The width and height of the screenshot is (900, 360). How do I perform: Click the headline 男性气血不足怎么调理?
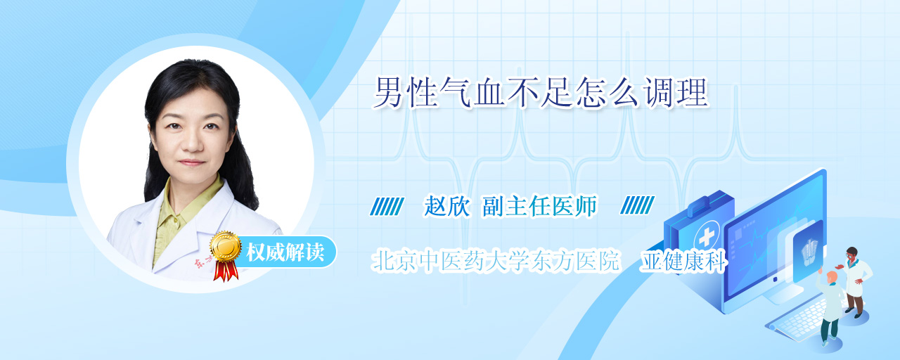tap(540, 94)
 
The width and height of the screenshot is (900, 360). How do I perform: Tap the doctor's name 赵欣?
tap(447, 206)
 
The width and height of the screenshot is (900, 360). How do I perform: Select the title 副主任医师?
tap(539, 206)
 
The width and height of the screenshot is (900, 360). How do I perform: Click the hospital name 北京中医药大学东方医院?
tap(495, 261)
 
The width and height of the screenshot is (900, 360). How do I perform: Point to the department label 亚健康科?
tap(684, 261)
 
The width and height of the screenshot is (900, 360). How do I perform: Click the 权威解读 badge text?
tap(285, 252)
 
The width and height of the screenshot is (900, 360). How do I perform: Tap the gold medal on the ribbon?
tap(226, 246)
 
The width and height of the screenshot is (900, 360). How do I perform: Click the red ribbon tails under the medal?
tap(226, 271)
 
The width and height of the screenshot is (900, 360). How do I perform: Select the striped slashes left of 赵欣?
tap(387, 206)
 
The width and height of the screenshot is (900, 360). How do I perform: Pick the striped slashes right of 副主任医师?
tap(637, 205)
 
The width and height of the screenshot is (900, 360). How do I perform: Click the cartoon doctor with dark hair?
tap(855, 282)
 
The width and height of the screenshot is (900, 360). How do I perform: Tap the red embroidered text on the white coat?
tap(203, 262)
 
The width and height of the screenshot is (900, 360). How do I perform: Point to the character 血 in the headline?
tap(488, 94)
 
